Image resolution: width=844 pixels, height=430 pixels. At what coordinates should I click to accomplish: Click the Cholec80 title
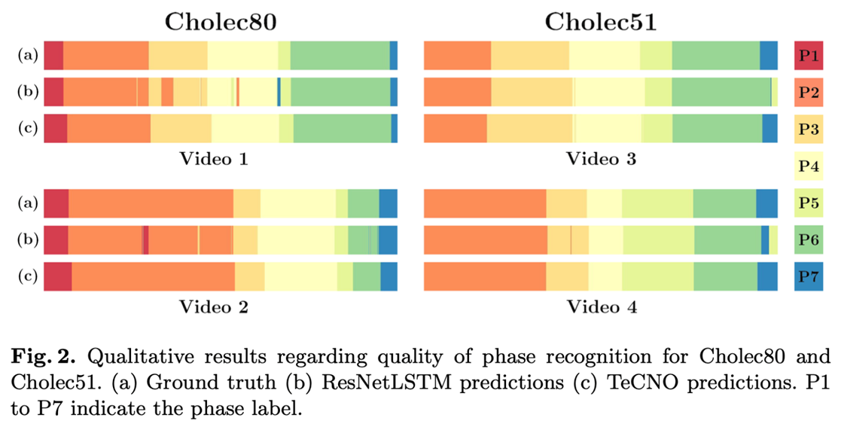click(221, 22)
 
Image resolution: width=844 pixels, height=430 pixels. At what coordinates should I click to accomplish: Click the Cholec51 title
click(601, 22)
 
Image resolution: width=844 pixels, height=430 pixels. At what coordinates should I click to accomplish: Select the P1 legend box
click(809, 56)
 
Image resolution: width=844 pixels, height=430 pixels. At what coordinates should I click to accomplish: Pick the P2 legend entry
click(809, 93)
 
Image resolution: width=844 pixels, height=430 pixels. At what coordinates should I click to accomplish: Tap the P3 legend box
click(809, 130)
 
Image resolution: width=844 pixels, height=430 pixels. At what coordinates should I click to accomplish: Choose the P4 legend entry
click(809, 166)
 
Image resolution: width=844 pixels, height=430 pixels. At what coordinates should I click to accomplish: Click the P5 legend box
click(809, 203)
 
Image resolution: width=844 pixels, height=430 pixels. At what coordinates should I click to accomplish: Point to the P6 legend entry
click(809, 240)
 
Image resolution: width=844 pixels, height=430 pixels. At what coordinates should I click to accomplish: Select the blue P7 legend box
click(809, 277)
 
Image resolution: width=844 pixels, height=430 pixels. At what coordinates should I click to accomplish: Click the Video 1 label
click(213, 160)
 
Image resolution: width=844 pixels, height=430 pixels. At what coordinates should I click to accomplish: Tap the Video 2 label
click(213, 307)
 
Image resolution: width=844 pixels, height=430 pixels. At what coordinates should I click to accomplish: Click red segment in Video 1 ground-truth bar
click(53, 56)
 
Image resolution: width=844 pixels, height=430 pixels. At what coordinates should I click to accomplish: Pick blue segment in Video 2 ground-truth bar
click(388, 203)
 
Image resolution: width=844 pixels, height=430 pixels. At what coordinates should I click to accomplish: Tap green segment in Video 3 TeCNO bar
click(717, 129)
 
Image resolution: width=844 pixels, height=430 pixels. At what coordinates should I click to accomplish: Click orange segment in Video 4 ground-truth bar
click(485, 203)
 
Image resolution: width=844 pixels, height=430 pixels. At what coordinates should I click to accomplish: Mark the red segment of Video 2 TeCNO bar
click(58, 276)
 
